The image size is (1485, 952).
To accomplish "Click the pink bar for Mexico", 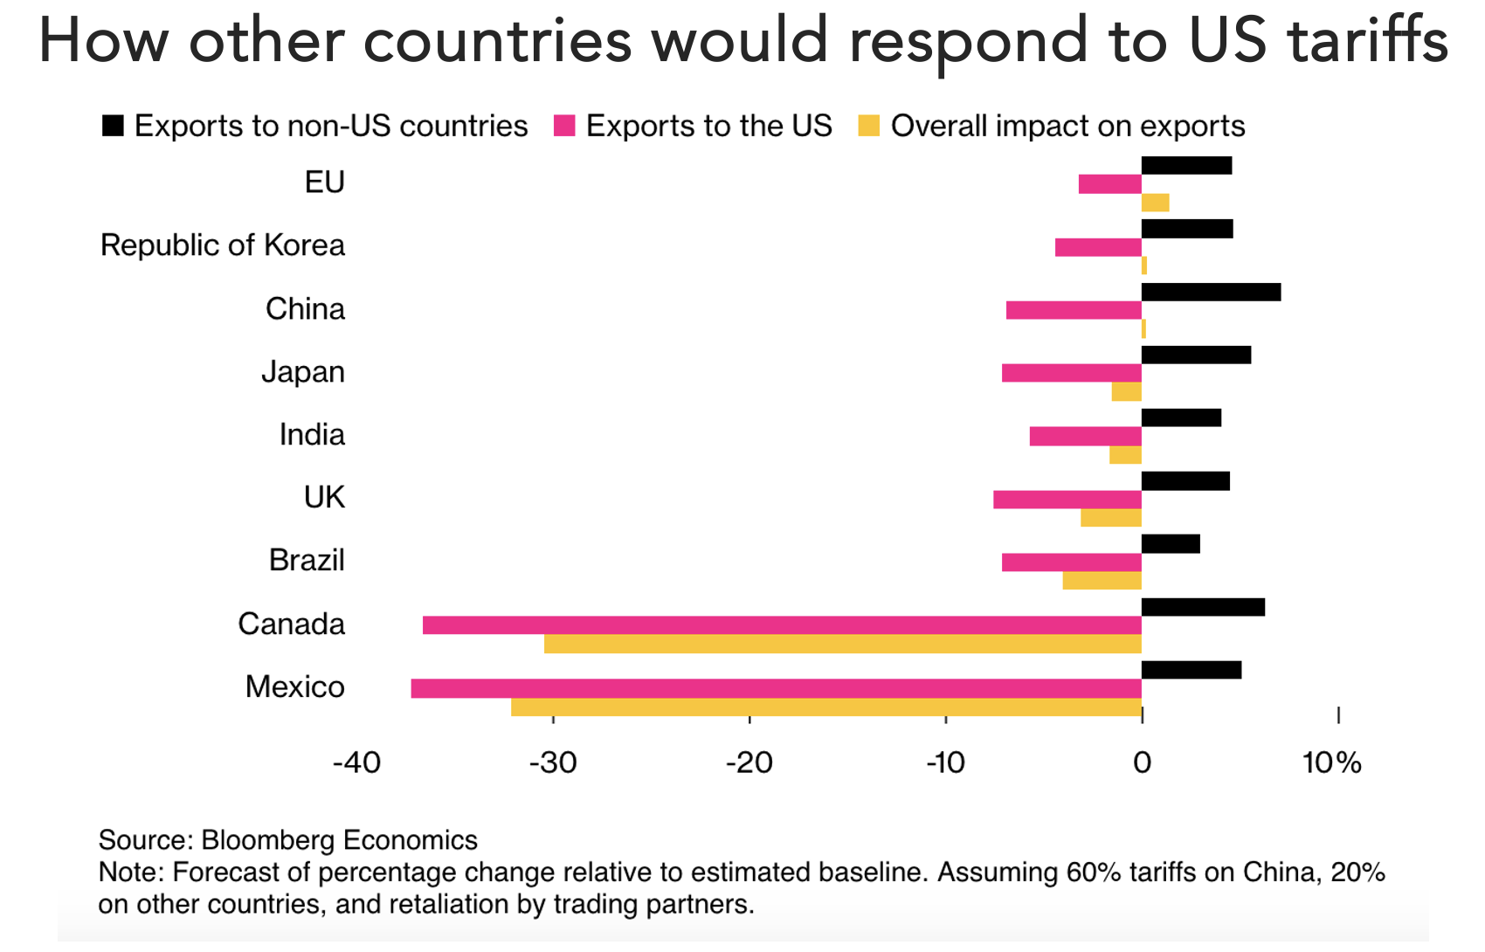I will pos(776,688).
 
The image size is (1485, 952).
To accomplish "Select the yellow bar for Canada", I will pos(842,644).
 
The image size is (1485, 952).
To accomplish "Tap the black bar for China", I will pos(1211,292).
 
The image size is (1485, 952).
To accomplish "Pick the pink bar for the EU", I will pos(1109,184).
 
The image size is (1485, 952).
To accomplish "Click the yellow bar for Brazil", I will pos(1102,580).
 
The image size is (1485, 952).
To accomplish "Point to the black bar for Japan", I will pos(1196,355).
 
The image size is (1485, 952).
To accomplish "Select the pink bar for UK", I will pos(1067,500).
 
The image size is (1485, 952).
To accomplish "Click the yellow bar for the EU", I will pos(1155,203).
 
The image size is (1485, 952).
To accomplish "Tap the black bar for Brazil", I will pos(1171,544).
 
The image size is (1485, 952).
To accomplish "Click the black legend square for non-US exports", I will pos(113,126).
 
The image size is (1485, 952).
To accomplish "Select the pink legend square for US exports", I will pos(564,126).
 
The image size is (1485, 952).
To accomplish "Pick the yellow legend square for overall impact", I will pos(868,126).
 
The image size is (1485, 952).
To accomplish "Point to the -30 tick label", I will pos(553,763).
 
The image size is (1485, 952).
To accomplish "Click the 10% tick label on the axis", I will pos(1331,763).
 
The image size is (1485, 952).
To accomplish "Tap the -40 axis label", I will pos(356,763).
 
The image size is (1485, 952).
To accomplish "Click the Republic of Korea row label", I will pos(223,245).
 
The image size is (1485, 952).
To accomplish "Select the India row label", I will pos(312,435).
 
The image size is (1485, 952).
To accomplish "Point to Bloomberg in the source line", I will pos(268,840).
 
